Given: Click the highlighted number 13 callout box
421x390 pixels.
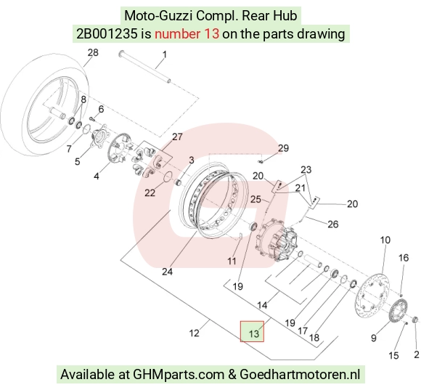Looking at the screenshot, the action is pyautogui.click(x=252, y=331).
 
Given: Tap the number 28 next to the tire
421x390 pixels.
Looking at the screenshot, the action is pyautogui.click(x=93, y=52).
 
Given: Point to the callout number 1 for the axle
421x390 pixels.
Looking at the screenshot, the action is pyautogui.click(x=164, y=54).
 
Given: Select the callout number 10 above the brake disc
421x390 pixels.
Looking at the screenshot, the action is pyautogui.click(x=385, y=240).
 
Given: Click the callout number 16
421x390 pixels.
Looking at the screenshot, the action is pyautogui.click(x=404, y=258).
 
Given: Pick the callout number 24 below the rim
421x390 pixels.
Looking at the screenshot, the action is pyautogui.click(x=167, y=272).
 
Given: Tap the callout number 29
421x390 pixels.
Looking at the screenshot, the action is pyautogui.click(x=283, y=148).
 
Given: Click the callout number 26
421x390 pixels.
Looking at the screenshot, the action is pyautogui.click(x=333, y=224).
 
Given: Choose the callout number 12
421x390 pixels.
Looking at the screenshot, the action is pyautogui.click(x=194, y=333).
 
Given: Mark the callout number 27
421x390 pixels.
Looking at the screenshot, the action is pyautogui.click(x=177, y=137).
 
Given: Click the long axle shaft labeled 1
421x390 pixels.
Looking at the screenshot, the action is pyautogui.click(x=145, y=67).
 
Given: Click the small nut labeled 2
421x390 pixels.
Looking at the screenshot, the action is pyautogui.click(x=415, y=320).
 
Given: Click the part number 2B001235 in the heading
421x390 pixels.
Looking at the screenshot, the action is pyautogui.click(x=107, y=34).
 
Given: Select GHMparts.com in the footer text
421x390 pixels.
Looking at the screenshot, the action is pyautogui.click(x=179, y=375).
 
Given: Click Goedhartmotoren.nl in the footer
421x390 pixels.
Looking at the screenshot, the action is pyautogui.click(x=300, y=374).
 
